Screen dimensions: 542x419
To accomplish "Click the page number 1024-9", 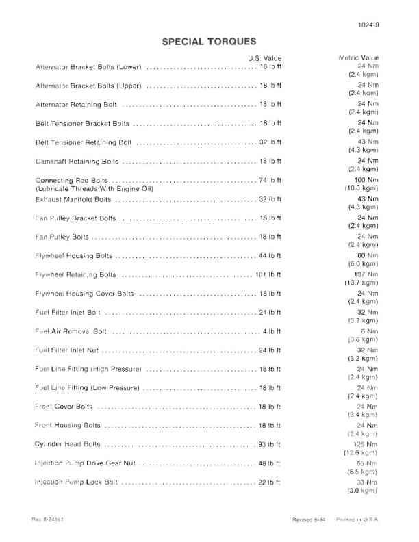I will click(368, 25).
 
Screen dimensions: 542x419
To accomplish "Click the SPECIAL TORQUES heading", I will click(209, 42).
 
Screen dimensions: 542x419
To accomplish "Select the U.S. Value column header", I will click(264, 58).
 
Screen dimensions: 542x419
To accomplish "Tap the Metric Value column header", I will click(359, 58).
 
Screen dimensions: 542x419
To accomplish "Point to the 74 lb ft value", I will click(270, 180).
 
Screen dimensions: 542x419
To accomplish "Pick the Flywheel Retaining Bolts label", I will click(75, 274).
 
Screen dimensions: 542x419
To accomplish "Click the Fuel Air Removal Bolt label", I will click(71, 331).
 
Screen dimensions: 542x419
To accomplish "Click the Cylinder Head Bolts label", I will click(68, 444).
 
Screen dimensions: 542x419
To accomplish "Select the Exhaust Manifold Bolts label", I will click(73, 199).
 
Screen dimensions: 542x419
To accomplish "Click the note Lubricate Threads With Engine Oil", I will click(94, 188).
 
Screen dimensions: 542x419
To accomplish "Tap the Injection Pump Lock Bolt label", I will click(76, 482).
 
